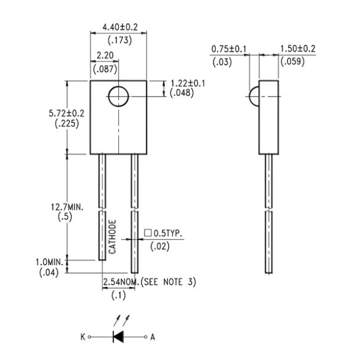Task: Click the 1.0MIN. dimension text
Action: (50, 262)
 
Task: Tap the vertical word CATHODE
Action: (113, 237)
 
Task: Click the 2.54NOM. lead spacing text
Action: (121, 282)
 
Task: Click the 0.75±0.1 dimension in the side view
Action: (229, 49)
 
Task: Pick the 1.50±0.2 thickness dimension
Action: (298, 49)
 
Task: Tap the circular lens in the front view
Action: (118, 97)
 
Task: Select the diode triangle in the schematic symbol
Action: (118, 337)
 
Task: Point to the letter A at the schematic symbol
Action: (154, 337)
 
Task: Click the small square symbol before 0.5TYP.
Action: (148, 234)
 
